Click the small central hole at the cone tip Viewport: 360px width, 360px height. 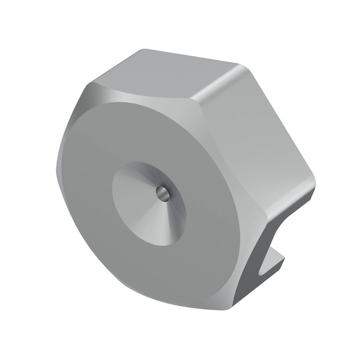(162, 192)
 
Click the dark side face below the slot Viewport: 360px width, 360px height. (244, 288)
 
